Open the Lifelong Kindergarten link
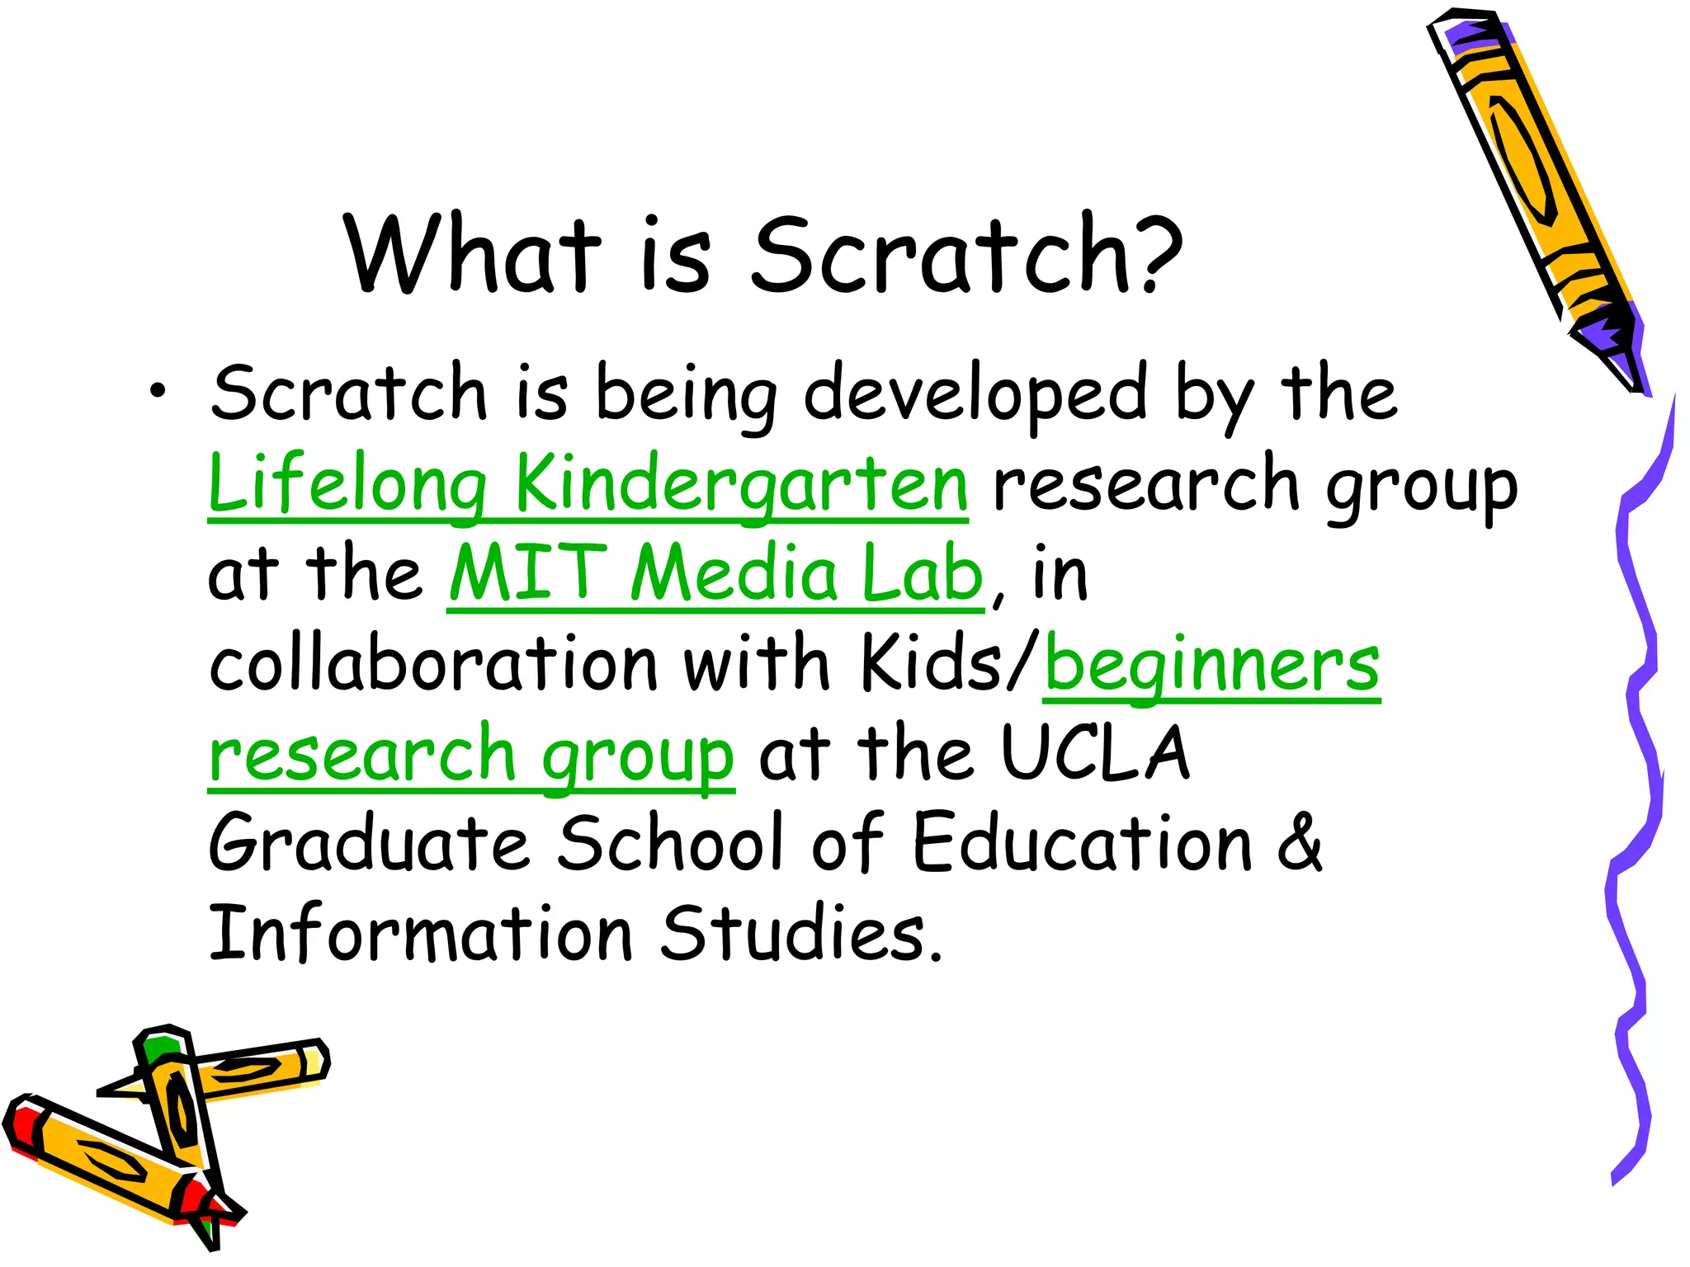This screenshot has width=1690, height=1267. click(x=588, y=485)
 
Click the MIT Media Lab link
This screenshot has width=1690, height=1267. click(x=715, y=575)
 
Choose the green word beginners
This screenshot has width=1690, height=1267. click(x=1211, y=666)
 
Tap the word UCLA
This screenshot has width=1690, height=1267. click(x=1095, y=754)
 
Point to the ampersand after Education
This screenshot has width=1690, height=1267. click(x=1300, y=843)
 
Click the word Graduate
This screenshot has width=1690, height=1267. click(x=368, y=843)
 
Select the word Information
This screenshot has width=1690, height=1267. click(x=420, y=934)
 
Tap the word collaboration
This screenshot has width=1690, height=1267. click(x=432, y=666)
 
